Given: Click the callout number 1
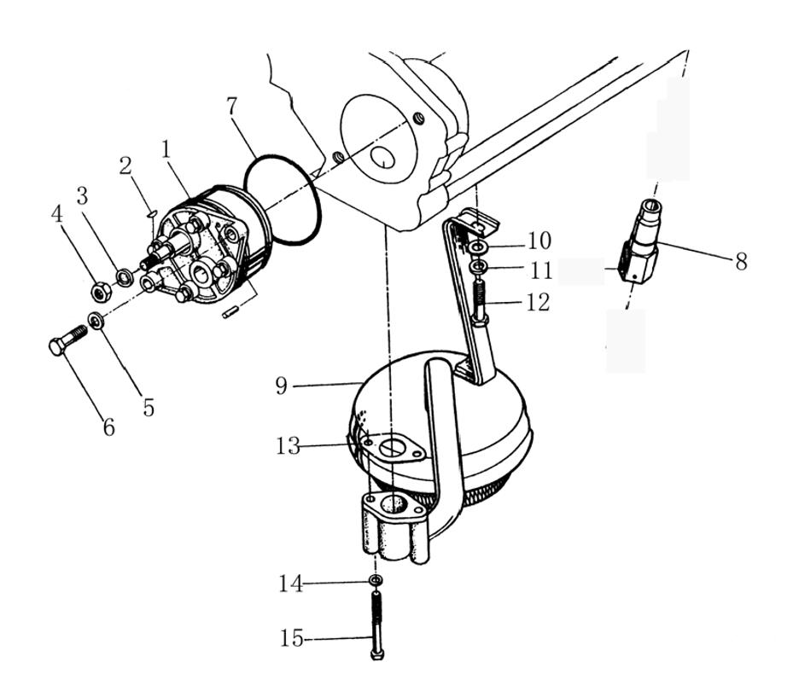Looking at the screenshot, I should pyautogui.click(x=166, y=149).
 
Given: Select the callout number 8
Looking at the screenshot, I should pyautogui.click(x=740, y=262).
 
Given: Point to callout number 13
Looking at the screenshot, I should pyautogui.click(x=288, y=445).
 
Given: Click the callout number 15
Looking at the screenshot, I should pyautogui.click(x=292, y=637).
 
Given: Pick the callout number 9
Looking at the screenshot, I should pyautogui.click(x=282, y=386).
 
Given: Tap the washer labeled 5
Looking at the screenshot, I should pyautogui.click(x=96, y=321).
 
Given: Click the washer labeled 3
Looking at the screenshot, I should pyautogui.click(x=125, y=276).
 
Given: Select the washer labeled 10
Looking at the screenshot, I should pyautogui.click(x=478, y=247).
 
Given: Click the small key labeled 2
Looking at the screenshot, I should pyautogui.click(x=149, y=213).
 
